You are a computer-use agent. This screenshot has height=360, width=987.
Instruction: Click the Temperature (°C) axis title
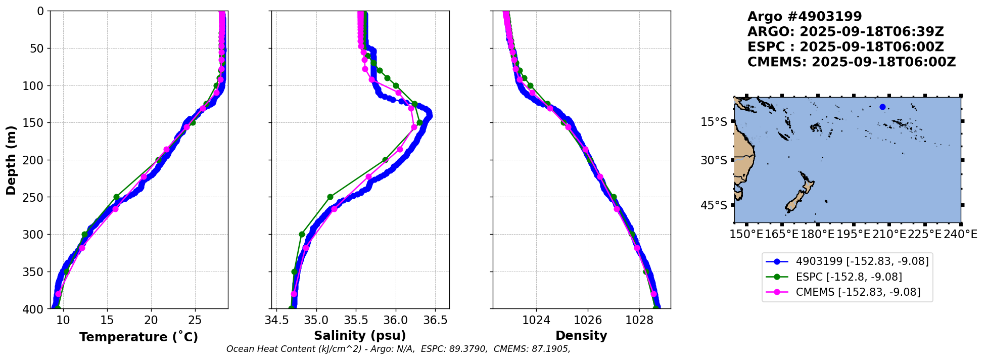[x=138, y=337]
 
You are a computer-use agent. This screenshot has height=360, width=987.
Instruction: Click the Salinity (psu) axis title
[x=360, y=336]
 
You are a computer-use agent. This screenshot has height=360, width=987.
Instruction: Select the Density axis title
[x=581, y=336]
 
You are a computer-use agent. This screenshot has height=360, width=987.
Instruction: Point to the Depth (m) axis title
[x=11, y=160]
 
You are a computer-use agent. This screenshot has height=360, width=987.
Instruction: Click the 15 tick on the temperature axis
[x=107, y=320]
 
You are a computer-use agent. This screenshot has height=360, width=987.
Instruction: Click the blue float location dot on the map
[x=882, y=107]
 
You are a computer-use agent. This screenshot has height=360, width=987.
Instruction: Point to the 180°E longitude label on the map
[x=817, y=235]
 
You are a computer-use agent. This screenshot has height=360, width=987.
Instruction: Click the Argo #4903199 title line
[x=805, y=17]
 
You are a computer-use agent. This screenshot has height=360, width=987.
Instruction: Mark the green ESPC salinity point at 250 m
[x=330, y=197]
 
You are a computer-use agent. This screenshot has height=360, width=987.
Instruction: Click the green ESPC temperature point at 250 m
[x=116, y=197]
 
